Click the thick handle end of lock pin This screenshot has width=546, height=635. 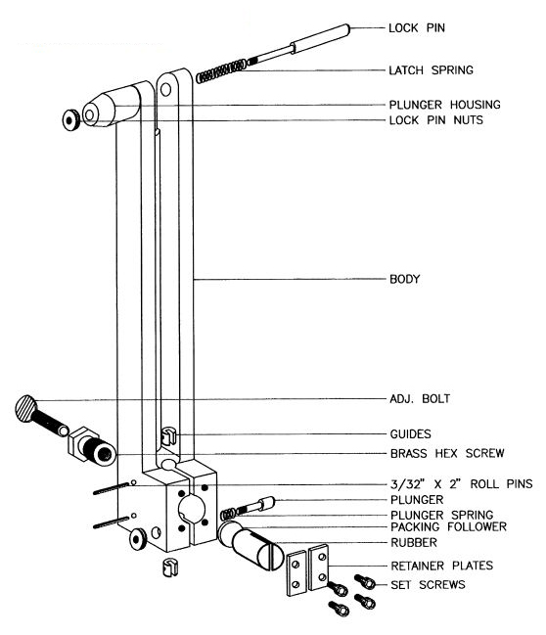pos(324,37)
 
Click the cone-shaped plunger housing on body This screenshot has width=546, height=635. pos(114,106)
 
